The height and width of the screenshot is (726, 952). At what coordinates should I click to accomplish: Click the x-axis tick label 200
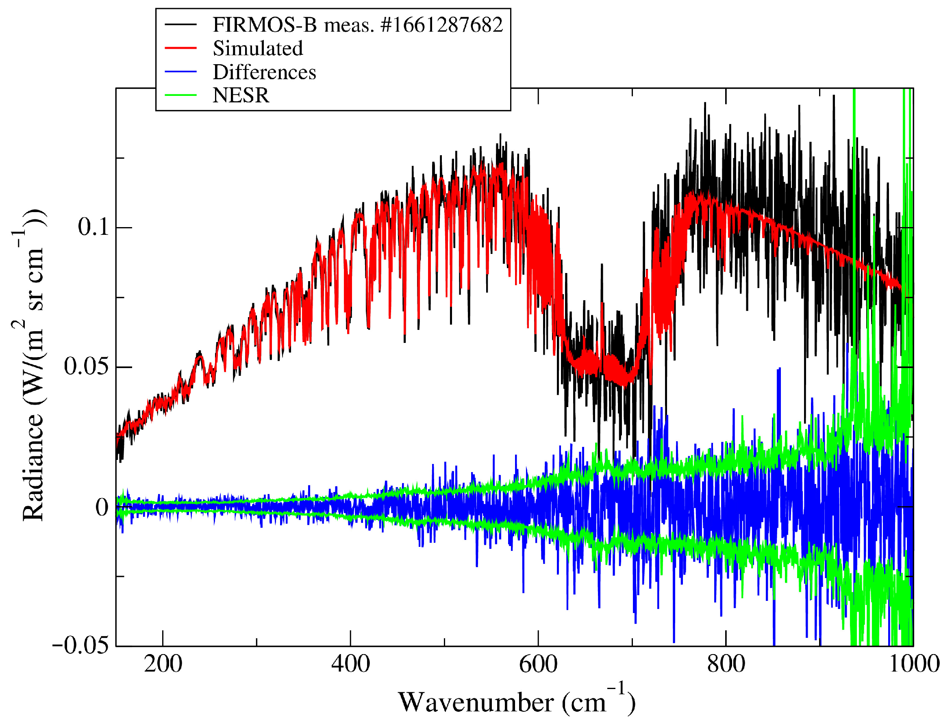(x=163, y=665)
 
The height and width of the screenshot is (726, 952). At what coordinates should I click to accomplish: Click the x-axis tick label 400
(x=351, y=665)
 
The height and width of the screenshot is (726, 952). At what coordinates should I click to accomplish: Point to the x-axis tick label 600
(x=538, y=665)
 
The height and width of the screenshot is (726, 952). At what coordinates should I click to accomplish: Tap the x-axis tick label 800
(x=726, y=665)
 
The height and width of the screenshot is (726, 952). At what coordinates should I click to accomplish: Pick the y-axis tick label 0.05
(x=86, y=367)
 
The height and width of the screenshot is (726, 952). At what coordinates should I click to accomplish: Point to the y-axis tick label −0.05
(x=80, y=646)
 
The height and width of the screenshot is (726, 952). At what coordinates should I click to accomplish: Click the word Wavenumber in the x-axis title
(x=476, y=703)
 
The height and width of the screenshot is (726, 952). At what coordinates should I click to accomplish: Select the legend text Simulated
(x=258, y=48)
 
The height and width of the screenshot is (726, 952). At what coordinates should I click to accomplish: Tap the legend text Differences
(x=264, y=72)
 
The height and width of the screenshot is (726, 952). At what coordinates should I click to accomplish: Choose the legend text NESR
(x=241, y=95)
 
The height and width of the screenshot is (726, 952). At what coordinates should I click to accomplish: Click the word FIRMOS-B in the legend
(x=265, y=25)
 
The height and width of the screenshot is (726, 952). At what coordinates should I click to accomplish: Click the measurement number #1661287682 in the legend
(x=442, y=25)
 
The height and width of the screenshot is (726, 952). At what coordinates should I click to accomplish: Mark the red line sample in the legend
(x=181, y=48)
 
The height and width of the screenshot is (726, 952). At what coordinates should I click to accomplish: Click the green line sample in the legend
(x=181, y=95)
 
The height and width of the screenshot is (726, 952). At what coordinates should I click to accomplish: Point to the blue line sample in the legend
(x=181, y=72)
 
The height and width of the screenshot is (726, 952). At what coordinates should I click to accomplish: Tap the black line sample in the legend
(x=181, y=25)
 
